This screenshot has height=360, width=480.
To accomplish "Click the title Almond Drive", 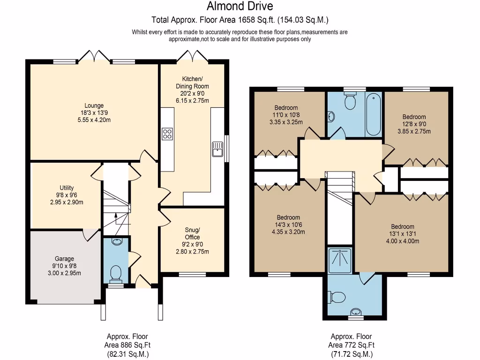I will pos(240,7).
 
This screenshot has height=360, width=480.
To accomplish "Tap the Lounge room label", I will pos(94,105).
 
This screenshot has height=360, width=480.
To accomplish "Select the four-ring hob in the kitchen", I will pos(167,134).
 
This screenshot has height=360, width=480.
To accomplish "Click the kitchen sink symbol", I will pos(217,149).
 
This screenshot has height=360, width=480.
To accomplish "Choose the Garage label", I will pos(64,258).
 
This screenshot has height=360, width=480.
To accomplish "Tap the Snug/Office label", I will pos(192,233).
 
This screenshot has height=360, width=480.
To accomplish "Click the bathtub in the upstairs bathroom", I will pos(374,114).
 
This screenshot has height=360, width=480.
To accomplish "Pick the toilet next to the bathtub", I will pos(350,100).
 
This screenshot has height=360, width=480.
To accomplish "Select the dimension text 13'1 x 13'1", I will pos(403,234).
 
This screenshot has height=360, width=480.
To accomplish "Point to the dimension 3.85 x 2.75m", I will pos(414,132).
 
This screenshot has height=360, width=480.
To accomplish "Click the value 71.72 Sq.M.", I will pos(351,354).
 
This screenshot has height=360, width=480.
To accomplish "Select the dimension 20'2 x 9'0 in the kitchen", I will pos(192,93).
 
